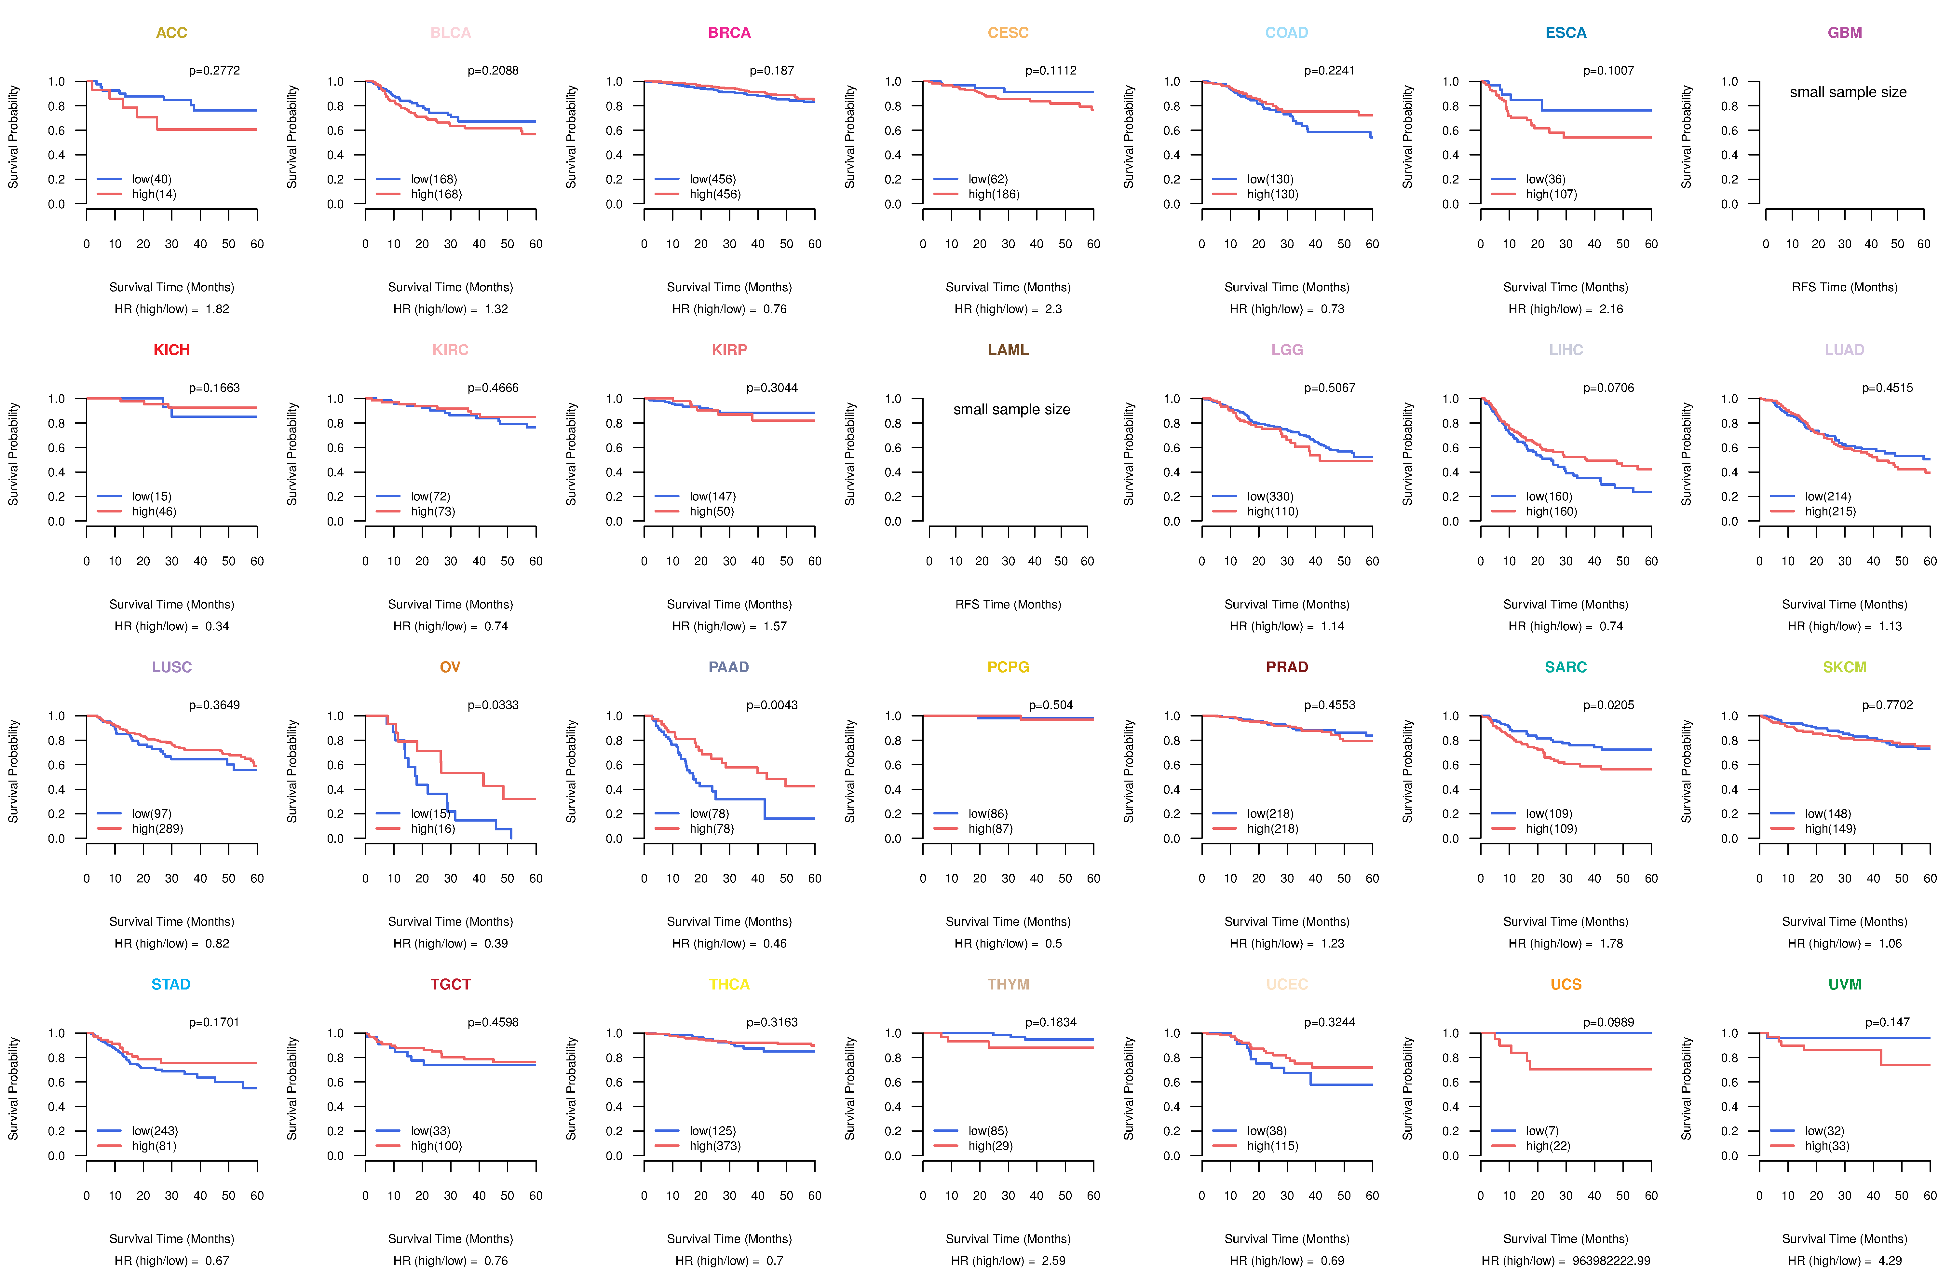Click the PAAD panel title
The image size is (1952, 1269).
coord(728,667)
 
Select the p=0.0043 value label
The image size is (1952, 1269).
coord(772,705)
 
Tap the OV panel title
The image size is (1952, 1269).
coord(450,667)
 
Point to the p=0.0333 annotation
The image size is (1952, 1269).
coord(493,705)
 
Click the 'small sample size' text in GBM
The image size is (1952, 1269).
coord(1848,92)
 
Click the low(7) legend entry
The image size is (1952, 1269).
coord(1542,1130)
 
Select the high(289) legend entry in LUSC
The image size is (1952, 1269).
coord(157,828)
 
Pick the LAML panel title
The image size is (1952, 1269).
coord(1008,349)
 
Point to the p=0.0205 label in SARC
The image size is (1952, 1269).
coord(1608,705)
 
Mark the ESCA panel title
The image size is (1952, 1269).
coord(1566,33)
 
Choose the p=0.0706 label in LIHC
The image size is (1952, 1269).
coord(1608,387)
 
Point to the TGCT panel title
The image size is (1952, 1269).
coord(450,984)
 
